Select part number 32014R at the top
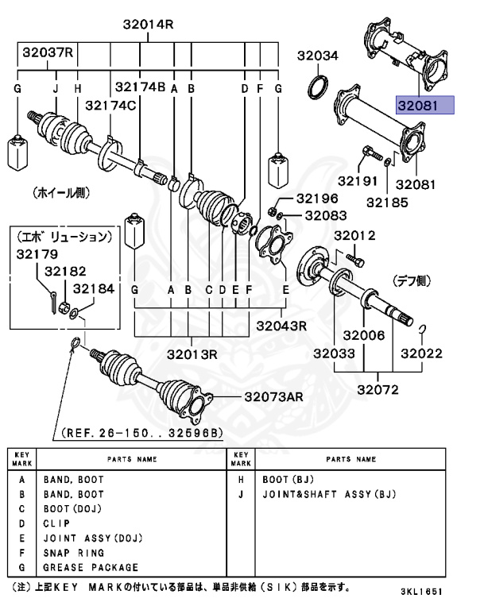tap(148, 25)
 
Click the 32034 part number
tap(318, 56)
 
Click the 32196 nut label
tap(317, 198)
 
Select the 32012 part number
tap(354, 235)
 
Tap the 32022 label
tap(421, 353)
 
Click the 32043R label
tap(281, 324)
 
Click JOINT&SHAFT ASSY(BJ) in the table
tap(328, 494)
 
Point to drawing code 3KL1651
tap(421, 593)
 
